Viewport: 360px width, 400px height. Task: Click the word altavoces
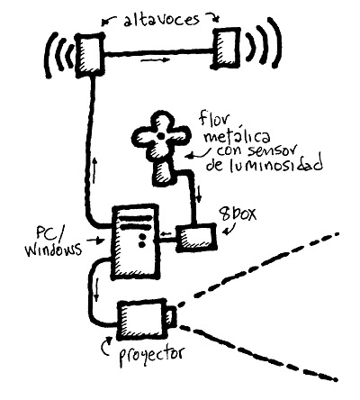pyautogui.click(x=161, y=21)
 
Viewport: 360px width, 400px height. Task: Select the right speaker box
pyautogui.click(x=226, y=48)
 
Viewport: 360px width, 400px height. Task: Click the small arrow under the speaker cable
pyautogui.click(x=156, y=60)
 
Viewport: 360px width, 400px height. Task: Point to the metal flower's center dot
pyautogui.click(x=161, y=136)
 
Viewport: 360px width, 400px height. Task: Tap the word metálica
pyautogui.click(x=237, y=137)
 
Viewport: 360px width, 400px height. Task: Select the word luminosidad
pyautogui.click(x=264, y=164)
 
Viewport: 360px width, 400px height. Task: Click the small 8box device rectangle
pyautogui.click(x=196, y=238)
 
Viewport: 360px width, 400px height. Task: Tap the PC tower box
pyautogui.click(x=135, y=242)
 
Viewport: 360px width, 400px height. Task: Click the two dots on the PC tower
pyautogui.click(x=142, y=241)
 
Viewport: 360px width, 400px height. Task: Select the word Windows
pyautogui.click(x=53, y=250)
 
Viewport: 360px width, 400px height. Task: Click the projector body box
pyautogui.click(x=142, y=319)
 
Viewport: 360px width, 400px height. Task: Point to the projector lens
pyautogui.click(x=171, y=317)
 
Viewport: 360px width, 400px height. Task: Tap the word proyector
pyautogui.click(x=151, y=355)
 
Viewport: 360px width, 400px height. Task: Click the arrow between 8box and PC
pyautogui.click(x=165, y=233)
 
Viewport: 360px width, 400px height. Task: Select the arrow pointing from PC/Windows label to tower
pyautogui.click(x=95, y=240)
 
